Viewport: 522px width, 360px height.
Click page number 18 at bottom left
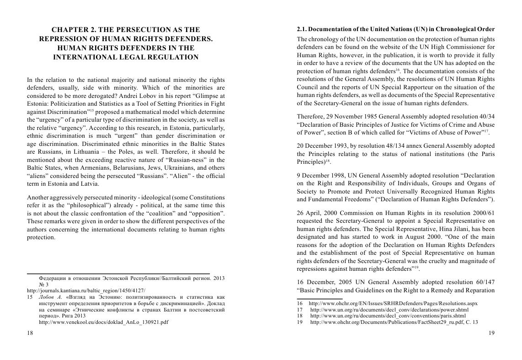30,333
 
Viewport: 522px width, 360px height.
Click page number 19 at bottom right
491,333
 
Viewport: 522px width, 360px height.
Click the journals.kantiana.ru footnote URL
86,290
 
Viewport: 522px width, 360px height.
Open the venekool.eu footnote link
104,322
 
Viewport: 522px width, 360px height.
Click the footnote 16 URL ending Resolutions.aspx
393,303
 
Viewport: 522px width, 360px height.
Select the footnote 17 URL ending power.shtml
389,310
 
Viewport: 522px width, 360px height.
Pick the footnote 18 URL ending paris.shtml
388,316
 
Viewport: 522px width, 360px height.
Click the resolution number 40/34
486,117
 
